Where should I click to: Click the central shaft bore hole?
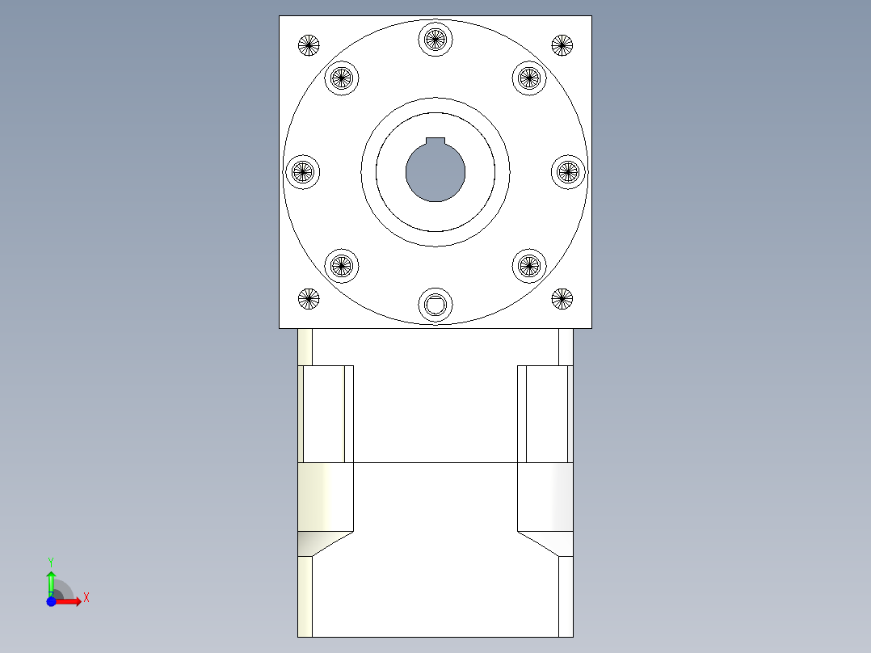tap(435, 171)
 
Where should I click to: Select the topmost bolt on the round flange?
tap(435, 38)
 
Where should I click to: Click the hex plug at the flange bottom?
tap(435, 305)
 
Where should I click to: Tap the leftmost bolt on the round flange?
tap(302, 171)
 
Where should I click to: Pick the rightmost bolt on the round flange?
tap(568, 171)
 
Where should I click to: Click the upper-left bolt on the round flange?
tap(341, 78)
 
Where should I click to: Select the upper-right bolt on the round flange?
tap(528, 78)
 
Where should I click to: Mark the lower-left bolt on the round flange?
tap(341, 265)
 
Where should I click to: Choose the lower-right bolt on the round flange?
tap(528, 265)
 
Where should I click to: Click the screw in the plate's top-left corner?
tap(309, 45)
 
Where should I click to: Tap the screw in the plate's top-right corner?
tap(562, 45)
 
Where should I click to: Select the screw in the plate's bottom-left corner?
tap(309, 299)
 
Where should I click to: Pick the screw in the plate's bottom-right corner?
tap(562, 299)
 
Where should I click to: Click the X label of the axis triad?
tap(86, 598)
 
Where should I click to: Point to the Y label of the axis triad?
tap(50, 561)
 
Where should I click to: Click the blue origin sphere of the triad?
tap(51, 601)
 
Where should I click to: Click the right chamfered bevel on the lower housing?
tap(545, 543)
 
